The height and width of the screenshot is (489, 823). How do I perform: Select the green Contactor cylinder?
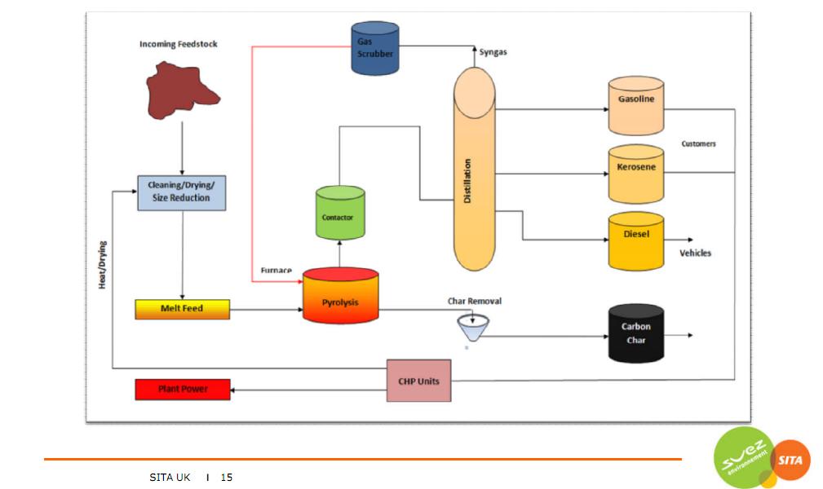tap(339, 214)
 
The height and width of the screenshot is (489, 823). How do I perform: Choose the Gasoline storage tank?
tap(635, 106)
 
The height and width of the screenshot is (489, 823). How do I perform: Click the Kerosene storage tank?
tap(635, 174)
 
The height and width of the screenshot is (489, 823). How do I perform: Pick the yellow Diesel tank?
tap(635, 240)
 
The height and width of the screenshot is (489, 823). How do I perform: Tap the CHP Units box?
tap(418, 381)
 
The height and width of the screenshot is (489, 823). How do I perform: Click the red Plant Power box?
tap(183, 390)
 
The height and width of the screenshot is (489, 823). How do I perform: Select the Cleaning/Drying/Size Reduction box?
tap(180, 192)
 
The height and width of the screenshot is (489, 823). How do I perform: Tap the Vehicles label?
tap(695, 253)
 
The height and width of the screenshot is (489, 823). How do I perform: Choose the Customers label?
tap(698, 144)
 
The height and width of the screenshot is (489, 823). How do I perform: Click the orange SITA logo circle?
tap(788, 460)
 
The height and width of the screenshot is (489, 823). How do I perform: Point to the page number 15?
tap(227, 478)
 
